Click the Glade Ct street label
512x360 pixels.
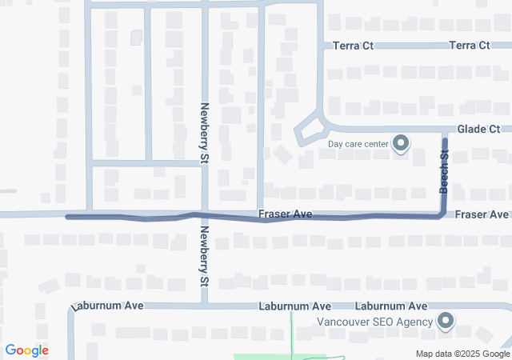pos(478,129)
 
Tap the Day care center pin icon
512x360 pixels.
pos(402,145)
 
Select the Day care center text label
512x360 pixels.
pos(358,145)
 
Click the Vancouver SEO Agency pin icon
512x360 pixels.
pos(446,322)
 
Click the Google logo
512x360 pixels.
pos(26,350)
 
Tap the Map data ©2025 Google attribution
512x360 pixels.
pos(462,354)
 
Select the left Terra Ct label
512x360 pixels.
pos(353,46)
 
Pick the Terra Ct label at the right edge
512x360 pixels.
pos(470,46)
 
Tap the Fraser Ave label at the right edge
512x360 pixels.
pos(482,214)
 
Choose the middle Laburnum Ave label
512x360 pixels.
pos(294,306)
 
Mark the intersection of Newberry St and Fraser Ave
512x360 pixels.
pos(205,215)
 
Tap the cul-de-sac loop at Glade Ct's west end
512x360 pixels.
pos(310,130)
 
